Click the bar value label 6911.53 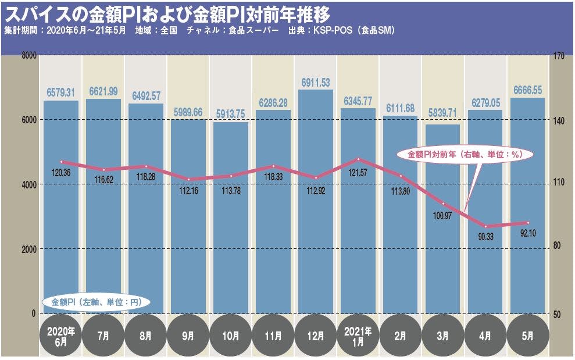point(316,82)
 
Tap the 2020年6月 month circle point(61,336)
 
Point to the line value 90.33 point(485,236)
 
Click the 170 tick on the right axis point(561,56)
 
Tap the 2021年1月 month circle point(358,336)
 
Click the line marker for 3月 point(443,204)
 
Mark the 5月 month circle point(528,336)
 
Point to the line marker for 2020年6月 point(61,162)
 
